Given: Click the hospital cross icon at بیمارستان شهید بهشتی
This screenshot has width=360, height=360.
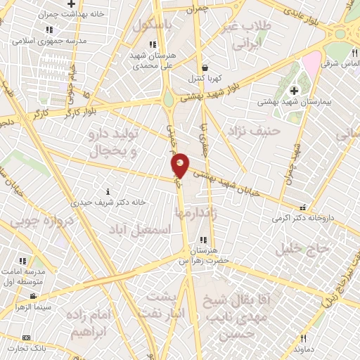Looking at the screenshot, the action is [295, 90].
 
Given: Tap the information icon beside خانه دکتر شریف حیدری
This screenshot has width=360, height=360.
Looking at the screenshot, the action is [107, 191].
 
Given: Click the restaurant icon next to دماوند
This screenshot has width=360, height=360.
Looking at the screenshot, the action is [303, 337].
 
